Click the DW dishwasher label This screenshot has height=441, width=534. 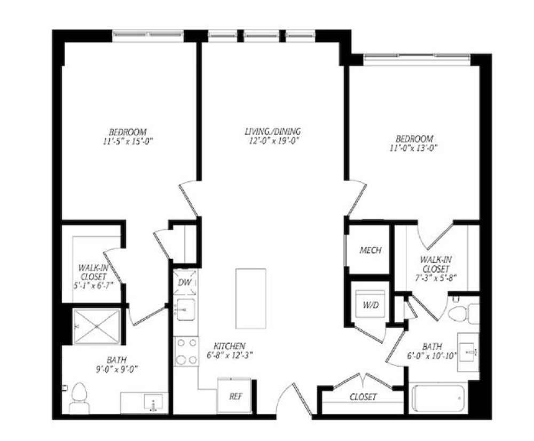[x=185, y=282]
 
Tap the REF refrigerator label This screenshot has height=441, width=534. [x=235, y=397]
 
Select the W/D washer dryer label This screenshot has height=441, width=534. [x=371, y=305]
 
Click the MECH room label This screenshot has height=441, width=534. [x=371, y=251]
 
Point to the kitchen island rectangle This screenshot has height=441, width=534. [x=250, y=299]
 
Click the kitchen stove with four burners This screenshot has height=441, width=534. [x=186, y=351]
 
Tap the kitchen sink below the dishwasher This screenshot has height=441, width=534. [x=186, y=310]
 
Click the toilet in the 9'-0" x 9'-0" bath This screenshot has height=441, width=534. [x=79, y=398]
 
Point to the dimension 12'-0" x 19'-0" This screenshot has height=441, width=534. [x=274, y=141]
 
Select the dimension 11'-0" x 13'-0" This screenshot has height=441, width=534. [x=413, y=148]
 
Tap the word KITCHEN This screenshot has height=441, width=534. [x=230, y=346]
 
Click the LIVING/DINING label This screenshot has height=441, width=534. [x=273, y=131]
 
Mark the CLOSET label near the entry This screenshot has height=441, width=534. [x=363, y=397]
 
